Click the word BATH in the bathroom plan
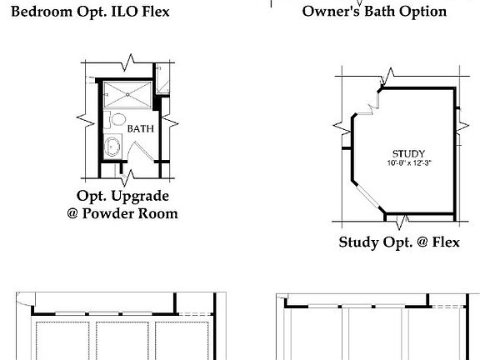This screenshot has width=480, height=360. [x=140, y=129]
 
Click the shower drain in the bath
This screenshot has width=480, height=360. [x=127, y=93]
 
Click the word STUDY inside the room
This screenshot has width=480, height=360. [x=408, y=153]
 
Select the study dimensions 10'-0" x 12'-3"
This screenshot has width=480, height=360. [x=408, y=163]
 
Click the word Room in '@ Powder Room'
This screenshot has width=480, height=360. [x=159, y=213]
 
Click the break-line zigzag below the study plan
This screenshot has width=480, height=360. [x=402, y=221]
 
